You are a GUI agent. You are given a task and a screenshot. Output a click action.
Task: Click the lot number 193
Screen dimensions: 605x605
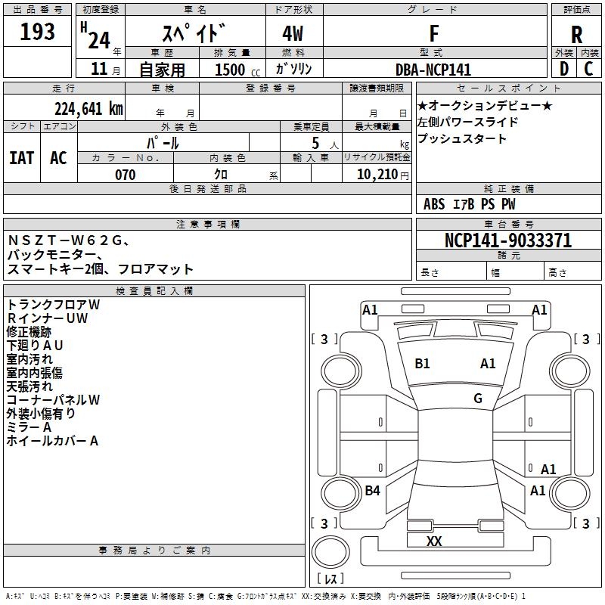[x=38, y=33]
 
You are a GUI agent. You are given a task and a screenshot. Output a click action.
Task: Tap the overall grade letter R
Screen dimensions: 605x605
[x=576, y=35]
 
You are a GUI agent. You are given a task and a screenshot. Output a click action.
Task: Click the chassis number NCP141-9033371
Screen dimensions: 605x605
[x=507, y=240]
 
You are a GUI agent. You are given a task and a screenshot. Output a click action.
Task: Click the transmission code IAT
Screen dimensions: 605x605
[x=21, y=158]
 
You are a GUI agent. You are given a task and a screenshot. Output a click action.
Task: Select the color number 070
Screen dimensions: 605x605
[x=125, y=175]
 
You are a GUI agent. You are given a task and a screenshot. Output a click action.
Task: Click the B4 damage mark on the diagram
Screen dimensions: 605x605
[x=372, y=491]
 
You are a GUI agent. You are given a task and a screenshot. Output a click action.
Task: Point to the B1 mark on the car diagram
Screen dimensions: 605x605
[x=422, y=364]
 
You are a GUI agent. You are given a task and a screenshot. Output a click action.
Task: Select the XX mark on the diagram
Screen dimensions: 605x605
[x=434, y=541]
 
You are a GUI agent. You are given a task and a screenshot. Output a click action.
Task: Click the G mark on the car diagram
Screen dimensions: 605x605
[x=478, y=399]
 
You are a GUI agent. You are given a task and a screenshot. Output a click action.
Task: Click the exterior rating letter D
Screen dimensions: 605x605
[x=563, y=70]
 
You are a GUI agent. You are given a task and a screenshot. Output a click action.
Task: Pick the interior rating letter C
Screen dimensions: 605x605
[x=588, y=70]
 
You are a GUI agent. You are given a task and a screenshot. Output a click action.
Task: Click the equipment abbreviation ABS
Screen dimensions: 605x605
[x=434, y=204]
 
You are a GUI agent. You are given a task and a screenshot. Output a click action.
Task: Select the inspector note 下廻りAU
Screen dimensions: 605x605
[x=35, y=345]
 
